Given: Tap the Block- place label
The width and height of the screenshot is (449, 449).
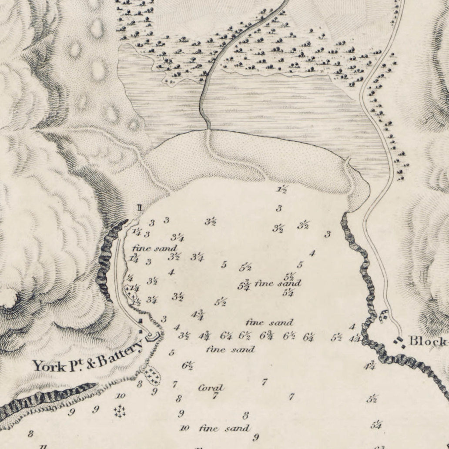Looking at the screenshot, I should coord(428,341).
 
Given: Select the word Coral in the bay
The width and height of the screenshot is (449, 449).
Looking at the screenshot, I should coord(211,387).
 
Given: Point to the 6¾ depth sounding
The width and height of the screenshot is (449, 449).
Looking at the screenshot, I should coord(266,336).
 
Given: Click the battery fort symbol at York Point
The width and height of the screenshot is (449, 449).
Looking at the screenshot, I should coord(152,336).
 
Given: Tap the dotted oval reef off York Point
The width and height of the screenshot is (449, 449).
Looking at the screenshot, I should coord(151,375).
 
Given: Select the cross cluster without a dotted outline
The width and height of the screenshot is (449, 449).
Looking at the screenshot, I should coord(120,410).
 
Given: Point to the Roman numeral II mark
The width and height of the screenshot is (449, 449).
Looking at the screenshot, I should coord(139,208).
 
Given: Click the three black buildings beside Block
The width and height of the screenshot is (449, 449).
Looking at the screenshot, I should coord(399,342).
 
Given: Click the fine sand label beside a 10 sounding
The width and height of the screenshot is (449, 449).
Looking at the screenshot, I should coord(224,429).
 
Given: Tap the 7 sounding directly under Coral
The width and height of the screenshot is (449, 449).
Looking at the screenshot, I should coord(214,396).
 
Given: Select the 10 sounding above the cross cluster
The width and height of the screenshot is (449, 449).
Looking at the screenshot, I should coord(121,396).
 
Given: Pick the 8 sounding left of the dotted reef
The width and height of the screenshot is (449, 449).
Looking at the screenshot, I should coord(140,384).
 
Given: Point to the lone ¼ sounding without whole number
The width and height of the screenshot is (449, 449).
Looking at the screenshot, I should coord(130,278).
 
